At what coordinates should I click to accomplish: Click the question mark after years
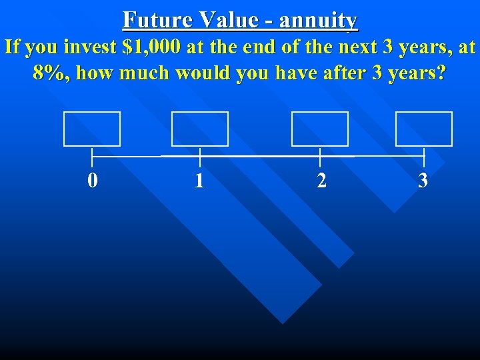pyautogui.click(x=439, y=73)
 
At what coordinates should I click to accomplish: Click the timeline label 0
pyautogui.click(x=93, y=180)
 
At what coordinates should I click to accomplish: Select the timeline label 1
pyautogui.click(x=199, y=181)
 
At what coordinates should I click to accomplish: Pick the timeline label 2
pyautogui.click(x=321, y=181)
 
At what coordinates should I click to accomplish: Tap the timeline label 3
pyautogui.click(x=423, y=180)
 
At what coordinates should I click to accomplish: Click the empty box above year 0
pyautogui.click(x=92, y=129)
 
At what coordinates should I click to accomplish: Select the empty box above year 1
pyautogui.click(x=200, y=129)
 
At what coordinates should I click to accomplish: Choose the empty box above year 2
pyautogui.click(x=320, y=129)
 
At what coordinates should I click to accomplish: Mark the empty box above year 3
pyautogui.click(x=424, y=129)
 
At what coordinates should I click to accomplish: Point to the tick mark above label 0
pyautogui.click(x=92, y=157)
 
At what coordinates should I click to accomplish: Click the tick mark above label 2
pyautogui.click(x=321, y=157)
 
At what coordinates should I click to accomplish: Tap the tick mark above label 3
pyautogui.click(x=424, y=157)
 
